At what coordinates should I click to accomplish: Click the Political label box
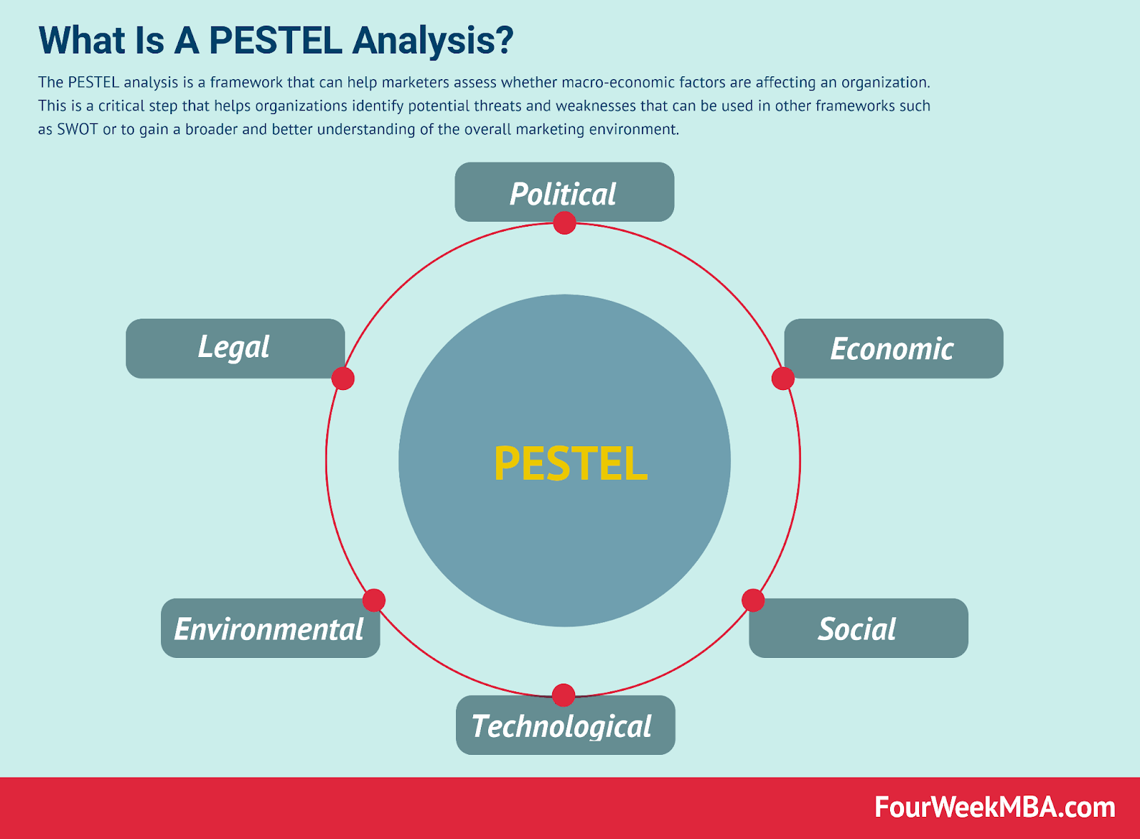(564, 192)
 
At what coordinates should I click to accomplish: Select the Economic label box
(893, 349)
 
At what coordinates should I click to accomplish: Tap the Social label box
(859, 628)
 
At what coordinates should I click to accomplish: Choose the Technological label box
(566, 725)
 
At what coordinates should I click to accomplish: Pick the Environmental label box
(270, 628)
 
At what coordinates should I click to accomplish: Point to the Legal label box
(235, 349)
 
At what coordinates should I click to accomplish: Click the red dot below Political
(564, 223)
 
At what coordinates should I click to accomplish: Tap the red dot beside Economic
(783, 379)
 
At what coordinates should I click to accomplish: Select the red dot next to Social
(752, 600)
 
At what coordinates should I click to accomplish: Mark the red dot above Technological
(564, 696)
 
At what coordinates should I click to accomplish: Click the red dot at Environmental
(374, 600)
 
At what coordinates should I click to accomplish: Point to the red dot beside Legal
(343, 379)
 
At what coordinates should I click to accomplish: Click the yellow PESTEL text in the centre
(571, 463)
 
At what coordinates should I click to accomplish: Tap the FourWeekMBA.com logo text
(995, 808)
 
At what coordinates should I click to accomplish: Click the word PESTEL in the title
(275, 40)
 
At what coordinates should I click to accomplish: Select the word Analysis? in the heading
(433, 41)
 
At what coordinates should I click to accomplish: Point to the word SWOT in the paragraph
(78, 129)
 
